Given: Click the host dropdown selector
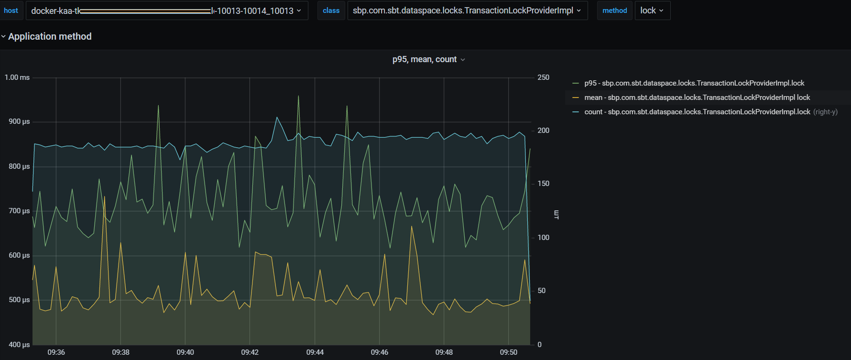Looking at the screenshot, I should pyautogui.click(x=166, y=11).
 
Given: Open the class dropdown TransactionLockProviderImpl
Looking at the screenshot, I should pyautogui.click(x=467, y=11).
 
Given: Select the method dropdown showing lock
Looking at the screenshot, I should pyautogui.click(x=652, y=11).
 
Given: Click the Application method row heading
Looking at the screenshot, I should pyautogui.click(x=50, y=36).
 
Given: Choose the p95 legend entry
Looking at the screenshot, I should pyautogui.click(x=694, y=83).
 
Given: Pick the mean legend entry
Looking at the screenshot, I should pyautogui.click(x=697, y=98).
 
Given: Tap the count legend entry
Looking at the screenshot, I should pyautogui.click(x=697, y=112).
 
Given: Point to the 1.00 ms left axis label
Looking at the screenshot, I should pyautogui.click(x=17, y=77).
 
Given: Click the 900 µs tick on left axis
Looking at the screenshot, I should pyautogui.click(x=19, y=121).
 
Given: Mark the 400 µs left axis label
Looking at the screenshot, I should pyautogui.click(x=19, y=344).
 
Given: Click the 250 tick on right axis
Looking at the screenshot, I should pyautogui.click(x=543, y=77).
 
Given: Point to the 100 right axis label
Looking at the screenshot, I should pyautogui.click(x=543, y=237).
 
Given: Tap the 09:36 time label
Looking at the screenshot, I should pyautogui.click(x=56, y=352).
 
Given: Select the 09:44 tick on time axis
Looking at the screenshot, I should pyautogui.click(x=315, y=352).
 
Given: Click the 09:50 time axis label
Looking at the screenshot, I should pyautogui.click(x=509, y=352).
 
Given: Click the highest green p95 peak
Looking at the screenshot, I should pyautogui.click(x=298, y=96).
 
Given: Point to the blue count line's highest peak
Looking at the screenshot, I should pyautogui.click(x=277, y=117).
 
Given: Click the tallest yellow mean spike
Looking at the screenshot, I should pyautogui.click(x=105, y=197).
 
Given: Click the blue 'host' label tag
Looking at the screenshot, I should pyautogui.click(x=11, y=11).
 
